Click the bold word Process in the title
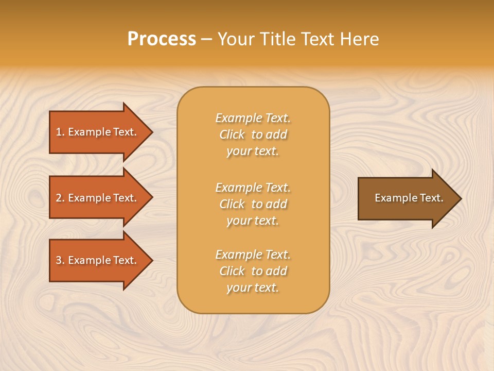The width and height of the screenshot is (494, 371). pos(162,39)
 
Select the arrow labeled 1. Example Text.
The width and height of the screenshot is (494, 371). pos(96,132)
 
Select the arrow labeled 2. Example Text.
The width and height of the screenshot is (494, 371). pos(96,198)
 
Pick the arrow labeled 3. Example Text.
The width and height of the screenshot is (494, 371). pos(96,260)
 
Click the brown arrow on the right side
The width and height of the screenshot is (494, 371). pos(404,198)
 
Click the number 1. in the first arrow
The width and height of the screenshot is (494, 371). pos(60,132)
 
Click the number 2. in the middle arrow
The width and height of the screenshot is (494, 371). pos(60,198)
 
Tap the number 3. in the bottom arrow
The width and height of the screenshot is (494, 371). pos(60,260)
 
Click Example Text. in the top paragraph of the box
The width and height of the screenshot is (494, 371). pos(253,118)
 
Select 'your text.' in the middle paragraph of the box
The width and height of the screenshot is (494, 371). pos(253,221)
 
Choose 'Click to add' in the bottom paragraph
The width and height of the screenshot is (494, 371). pos(253,271)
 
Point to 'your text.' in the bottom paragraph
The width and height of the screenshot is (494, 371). pos(253,288)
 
